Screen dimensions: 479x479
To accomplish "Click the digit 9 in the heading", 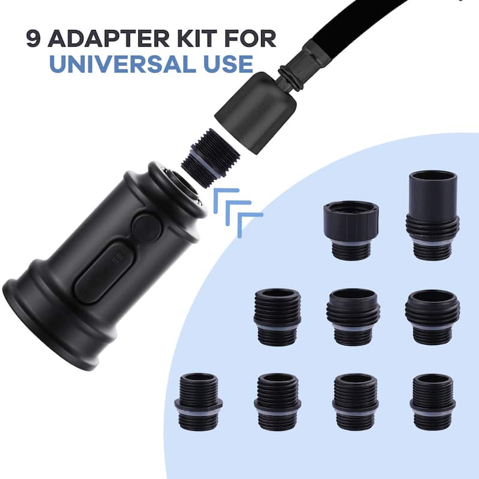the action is tap(33, 39).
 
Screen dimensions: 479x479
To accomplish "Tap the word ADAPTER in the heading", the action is tap(108, 39).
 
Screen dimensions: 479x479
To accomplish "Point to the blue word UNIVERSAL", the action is tap(123, 64).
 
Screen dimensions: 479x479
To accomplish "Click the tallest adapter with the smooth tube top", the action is tap(432, 216).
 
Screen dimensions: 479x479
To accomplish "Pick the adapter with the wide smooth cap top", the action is tap(351, 231).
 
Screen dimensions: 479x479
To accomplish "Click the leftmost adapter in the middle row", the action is tap(277, 317).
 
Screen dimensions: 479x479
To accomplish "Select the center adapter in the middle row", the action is tap(353, 317).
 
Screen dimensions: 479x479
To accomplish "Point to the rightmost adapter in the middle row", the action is tap(432, 317).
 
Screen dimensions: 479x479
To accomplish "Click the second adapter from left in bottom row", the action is tap(277, 402).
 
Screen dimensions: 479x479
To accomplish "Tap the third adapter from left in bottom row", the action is tap(356, 401).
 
